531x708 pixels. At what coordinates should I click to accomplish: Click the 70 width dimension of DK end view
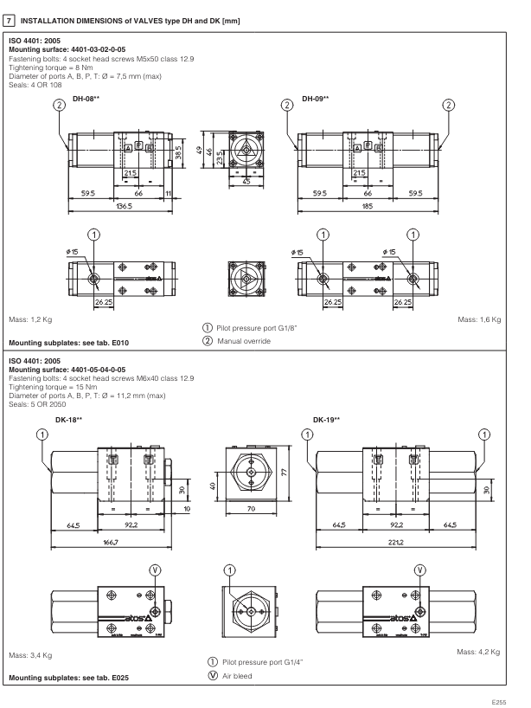point(252,507)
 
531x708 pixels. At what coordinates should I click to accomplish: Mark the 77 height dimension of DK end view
point(287,468)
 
